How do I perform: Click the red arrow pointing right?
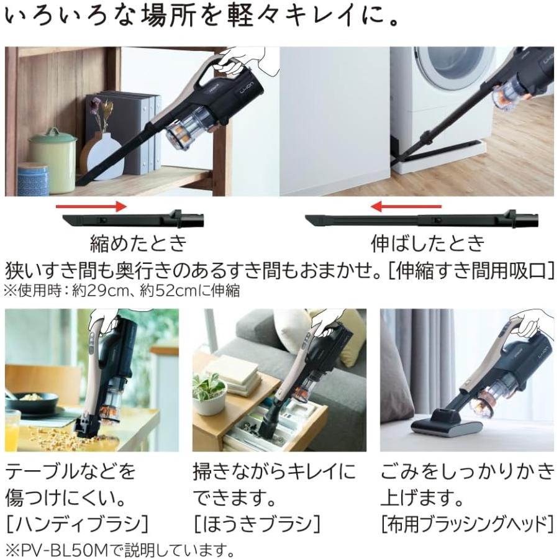click(x=91, y=206)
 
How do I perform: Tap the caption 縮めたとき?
click(x=138, y=243)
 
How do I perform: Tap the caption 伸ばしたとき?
click(x=427, y=243)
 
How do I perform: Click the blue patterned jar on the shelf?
click(x=32, y=180)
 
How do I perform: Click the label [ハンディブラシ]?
click(x=78, y=524)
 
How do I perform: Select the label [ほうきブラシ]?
click(x=257, y=524)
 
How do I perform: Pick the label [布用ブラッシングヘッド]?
click(x=466, y=524)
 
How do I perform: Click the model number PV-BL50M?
click(x=66, y=550)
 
